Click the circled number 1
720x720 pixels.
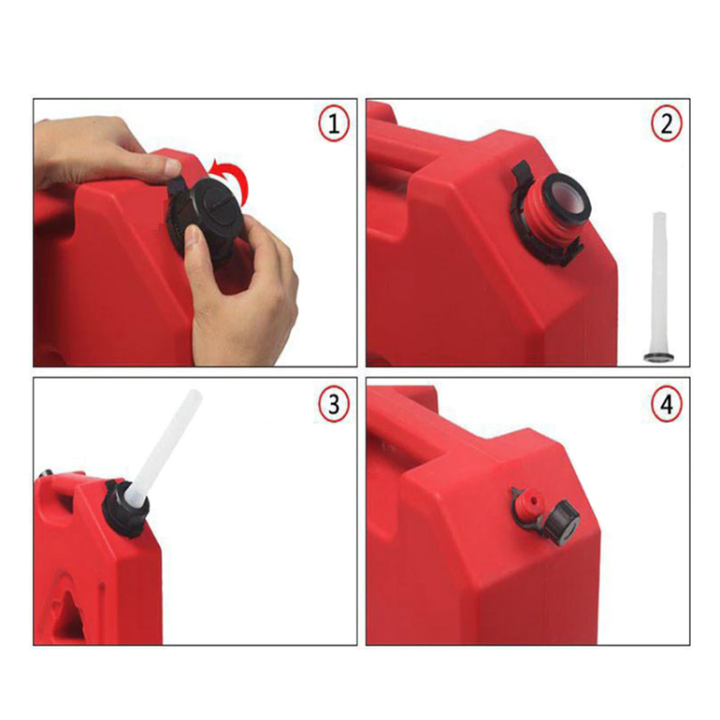[334, 124]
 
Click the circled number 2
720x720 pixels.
[667, 124]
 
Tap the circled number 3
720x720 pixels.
[334, 405]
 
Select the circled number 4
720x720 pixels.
[667, 405]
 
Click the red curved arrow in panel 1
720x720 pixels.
[234, 176]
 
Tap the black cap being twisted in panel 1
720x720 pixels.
[213, 216]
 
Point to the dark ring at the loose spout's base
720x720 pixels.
[657, 357]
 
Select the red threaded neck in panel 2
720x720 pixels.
[541, 216]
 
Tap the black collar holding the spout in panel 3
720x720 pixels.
[125, 509]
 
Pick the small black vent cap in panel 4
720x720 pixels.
[562, 524]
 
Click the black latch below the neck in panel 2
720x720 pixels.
[571, 253]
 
